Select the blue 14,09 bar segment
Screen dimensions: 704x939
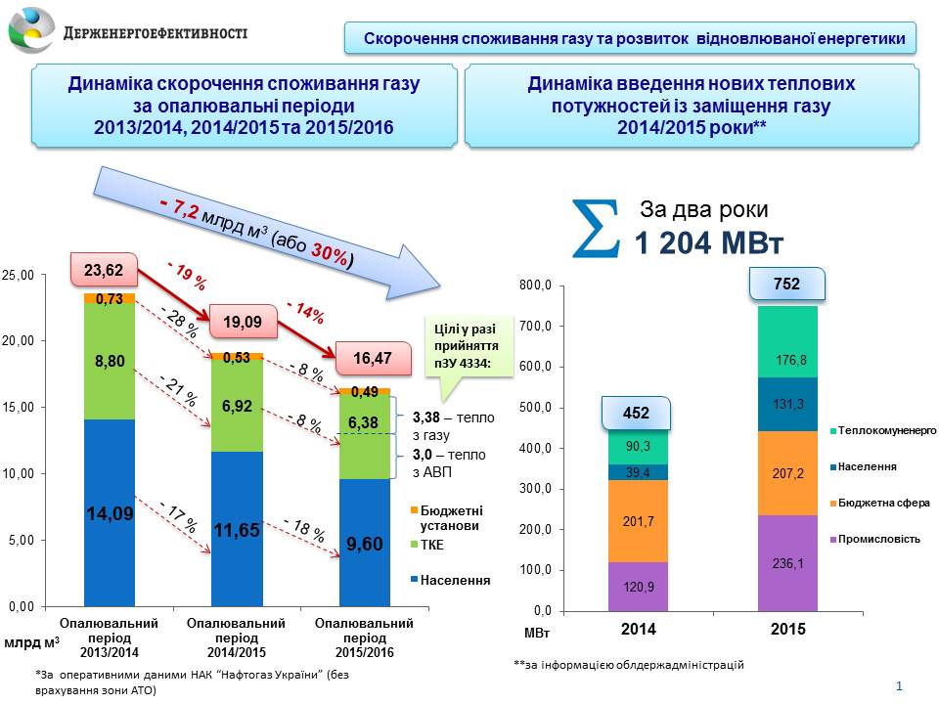(109, 512)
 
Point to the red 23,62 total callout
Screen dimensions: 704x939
(100, 270)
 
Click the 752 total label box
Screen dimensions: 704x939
(786, 285)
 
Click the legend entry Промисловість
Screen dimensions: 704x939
(876, 539)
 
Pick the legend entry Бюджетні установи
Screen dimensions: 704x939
(452, 517)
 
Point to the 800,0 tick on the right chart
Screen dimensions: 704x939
(536, 286)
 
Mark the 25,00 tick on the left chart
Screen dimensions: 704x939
(20, 276)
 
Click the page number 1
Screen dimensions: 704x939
(899, 686)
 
